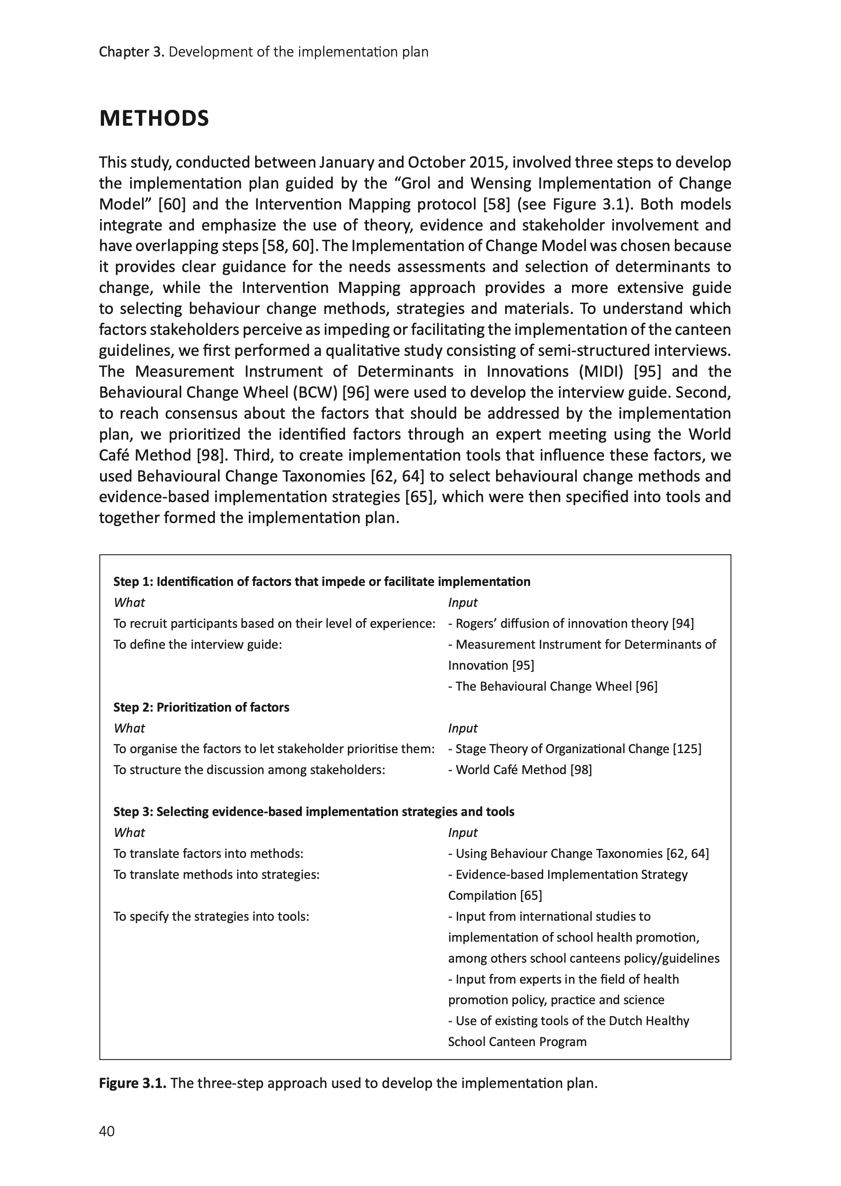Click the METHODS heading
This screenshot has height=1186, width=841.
(154, 119)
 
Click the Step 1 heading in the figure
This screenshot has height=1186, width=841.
(322, 582)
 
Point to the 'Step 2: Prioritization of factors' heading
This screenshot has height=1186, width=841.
(201, 707)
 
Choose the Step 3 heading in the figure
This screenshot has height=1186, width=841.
(314, 811)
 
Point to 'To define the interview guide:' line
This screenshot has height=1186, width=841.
(197, 644)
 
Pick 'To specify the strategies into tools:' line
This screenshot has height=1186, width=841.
(211, 916)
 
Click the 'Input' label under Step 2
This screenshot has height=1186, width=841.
(462, 728)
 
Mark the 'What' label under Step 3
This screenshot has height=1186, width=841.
(129, 833)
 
